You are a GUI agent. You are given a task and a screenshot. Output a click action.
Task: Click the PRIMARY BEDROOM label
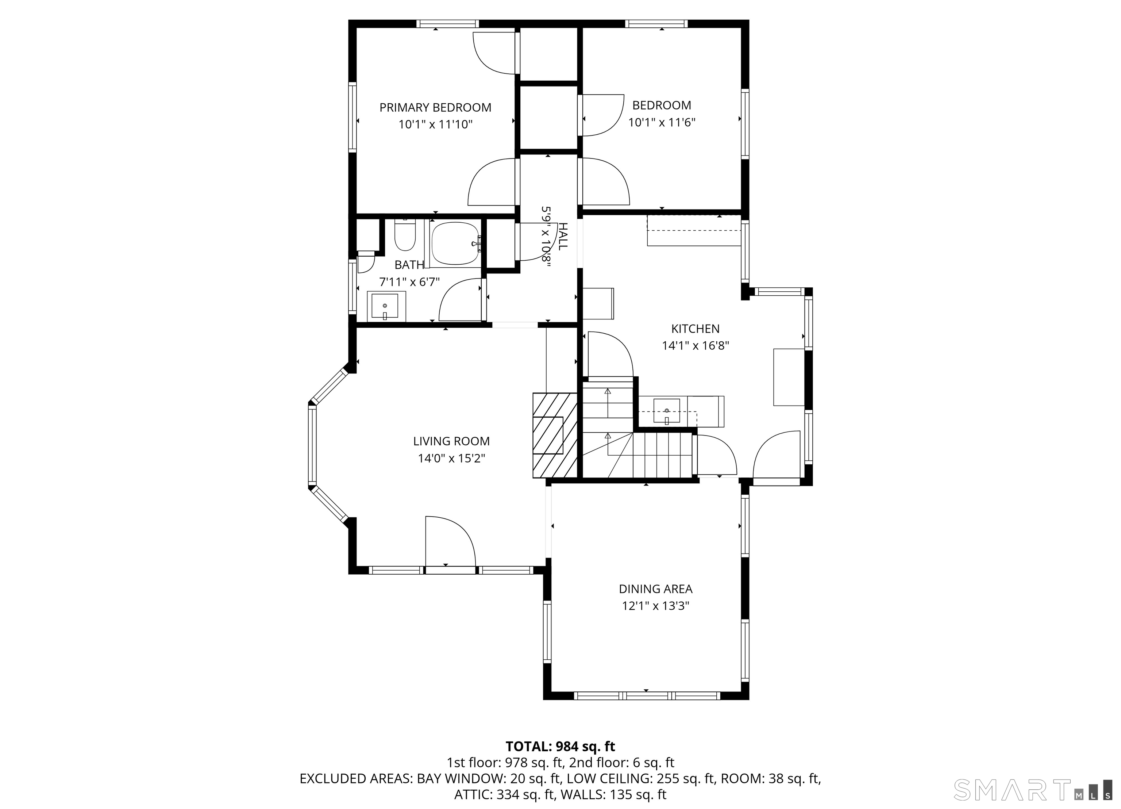tap(435, 107)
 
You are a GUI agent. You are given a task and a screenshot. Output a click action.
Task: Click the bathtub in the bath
tap(455, 243)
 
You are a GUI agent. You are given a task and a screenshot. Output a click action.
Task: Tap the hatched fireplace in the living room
tap(555, 435)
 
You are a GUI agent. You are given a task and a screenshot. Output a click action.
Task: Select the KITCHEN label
tap(695, 328)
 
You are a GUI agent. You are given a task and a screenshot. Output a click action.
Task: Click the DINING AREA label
tap(655, 589)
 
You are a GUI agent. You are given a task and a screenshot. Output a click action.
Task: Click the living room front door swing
tap(450, 541)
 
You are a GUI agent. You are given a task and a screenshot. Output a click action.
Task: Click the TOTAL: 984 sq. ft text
tap(560, 746)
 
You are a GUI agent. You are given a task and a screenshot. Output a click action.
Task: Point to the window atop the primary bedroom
tap(447, 24)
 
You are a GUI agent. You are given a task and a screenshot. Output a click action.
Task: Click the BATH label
tap(409, 265)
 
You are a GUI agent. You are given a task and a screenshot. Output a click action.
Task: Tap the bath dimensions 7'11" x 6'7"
tap(409, 282)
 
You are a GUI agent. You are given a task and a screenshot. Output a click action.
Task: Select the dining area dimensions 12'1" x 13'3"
tap(655, 606)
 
